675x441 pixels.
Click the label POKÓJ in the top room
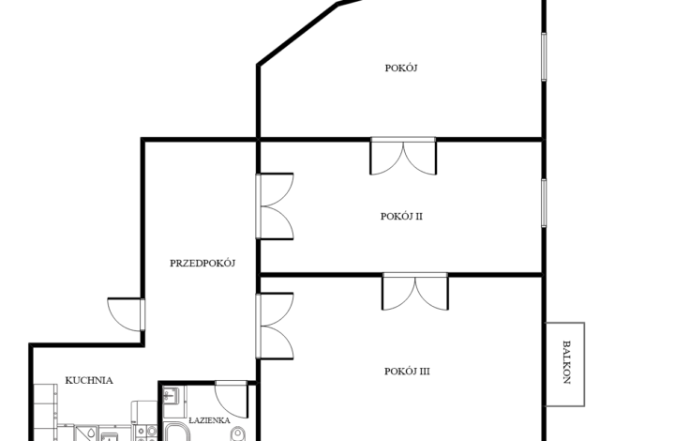pos(401,68)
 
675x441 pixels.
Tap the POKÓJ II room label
pos(401,216)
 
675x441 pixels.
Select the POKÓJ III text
pos(407,372)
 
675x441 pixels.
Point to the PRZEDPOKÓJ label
pos(202,263)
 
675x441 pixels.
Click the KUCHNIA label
pos(89,380)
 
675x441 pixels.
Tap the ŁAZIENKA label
pos(209,420)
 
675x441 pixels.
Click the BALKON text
pos(567,362)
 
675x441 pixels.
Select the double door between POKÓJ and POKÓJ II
pos(403,156)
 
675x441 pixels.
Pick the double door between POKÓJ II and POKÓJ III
pos(415,291)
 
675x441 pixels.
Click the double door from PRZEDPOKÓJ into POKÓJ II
pos(275,206)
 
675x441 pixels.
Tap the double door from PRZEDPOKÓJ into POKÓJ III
pos(275,326)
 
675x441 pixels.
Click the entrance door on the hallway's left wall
pos(127,314)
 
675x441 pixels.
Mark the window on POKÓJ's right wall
pos(544,56)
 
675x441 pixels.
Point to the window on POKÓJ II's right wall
pos(544,203)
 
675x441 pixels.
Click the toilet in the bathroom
pos(237,433)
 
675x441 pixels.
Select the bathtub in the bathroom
pos(176,432)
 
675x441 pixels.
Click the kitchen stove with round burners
pos(146,433)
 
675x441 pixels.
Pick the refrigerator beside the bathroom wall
pos(144,412)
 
